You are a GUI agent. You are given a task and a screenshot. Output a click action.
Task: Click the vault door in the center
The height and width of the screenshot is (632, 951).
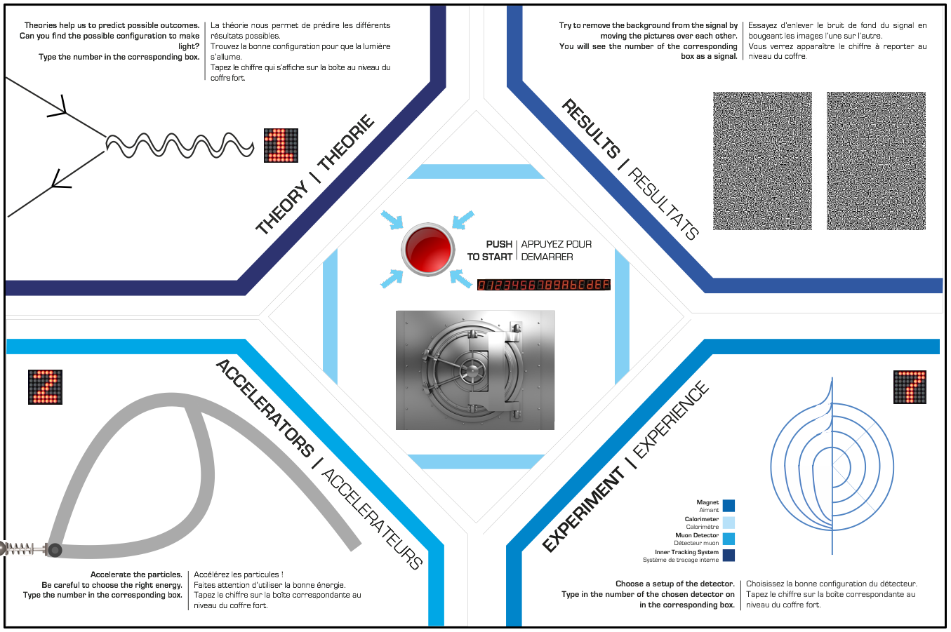(x=474, y=370)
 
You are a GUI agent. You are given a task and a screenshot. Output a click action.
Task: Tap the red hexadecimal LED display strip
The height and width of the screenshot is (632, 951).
(x=543, y=285)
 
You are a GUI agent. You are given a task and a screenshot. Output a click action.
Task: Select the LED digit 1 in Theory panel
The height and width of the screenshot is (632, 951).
(x=281, y=145)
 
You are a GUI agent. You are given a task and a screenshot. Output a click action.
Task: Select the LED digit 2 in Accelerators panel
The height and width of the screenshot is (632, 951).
(x=45, y=386)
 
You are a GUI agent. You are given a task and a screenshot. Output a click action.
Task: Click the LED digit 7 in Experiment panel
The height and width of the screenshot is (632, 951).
(x=910, y=387)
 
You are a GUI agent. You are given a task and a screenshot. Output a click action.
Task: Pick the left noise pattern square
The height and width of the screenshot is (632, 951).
(x=762, y=161)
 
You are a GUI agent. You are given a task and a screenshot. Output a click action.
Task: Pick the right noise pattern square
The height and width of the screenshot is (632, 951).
(x=876, y=161)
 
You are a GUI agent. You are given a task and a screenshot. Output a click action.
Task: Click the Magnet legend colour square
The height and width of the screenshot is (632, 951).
(x=729, y=506)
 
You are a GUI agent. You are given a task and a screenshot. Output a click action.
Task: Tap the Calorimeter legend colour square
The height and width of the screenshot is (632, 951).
(x=729, y=523)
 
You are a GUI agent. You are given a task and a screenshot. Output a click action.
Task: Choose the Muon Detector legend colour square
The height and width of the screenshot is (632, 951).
(x=729, y=539)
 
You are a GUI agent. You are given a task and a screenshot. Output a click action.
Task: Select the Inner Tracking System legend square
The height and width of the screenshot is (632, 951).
(x=729, y=556)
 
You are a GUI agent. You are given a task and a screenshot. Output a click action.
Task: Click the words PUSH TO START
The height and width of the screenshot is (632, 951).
(x=490, y=250)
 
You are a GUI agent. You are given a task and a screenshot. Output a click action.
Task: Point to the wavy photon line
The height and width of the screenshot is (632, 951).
(x=179, y=145)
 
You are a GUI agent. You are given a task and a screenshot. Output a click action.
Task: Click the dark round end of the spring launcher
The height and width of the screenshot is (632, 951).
(x=54, y=550)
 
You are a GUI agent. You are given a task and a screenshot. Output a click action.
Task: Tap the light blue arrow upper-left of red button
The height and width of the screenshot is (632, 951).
(x=392, y=220)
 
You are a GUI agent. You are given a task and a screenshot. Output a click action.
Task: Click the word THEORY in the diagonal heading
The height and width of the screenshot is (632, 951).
(x=282, y=208)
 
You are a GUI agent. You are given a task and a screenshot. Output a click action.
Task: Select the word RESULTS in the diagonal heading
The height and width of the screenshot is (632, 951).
(x=591, y=130)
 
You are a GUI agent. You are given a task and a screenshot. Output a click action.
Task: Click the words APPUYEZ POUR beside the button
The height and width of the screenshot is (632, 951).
(x=556, y=244)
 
